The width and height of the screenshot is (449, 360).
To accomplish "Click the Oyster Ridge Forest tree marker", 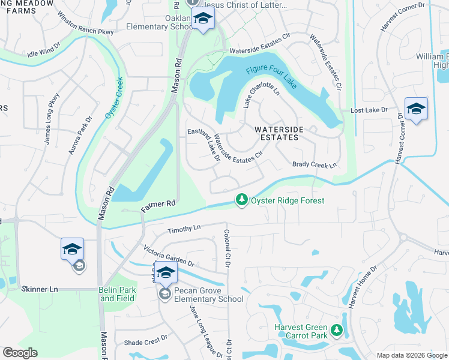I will (241, 199).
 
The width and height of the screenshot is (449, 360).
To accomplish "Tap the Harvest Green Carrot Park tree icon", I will (337, 331).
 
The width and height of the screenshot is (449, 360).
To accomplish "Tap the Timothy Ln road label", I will (184, 229).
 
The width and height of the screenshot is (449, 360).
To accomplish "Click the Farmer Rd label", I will (157, 206).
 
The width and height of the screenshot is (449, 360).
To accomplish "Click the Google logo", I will (20, 353).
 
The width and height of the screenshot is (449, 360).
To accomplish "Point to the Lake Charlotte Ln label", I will (262, 95).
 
